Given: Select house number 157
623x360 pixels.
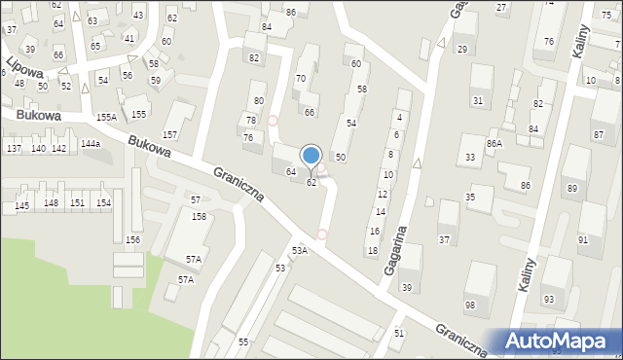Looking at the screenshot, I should [x=169, y=134].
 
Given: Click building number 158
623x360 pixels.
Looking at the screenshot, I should [x=199, y=216].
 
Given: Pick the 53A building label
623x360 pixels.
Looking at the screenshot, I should [x=299, y=250].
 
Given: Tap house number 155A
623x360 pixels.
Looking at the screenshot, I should [x=106, y=117].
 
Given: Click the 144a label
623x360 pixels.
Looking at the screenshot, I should [x=91, y=144].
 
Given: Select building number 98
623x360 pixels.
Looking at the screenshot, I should [x=470, y=306].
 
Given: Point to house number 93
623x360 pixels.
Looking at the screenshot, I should [x=549, y=299].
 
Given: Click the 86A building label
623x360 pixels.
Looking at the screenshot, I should [x=495, y=144].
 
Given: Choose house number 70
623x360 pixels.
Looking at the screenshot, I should [x=301, y=78].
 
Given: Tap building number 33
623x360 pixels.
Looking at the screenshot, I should [x=470, y=158].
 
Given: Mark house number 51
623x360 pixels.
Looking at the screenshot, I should [x=399, y=333].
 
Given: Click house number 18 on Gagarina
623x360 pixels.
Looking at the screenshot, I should [x=372, y=251].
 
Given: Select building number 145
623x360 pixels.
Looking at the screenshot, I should [x=21, y=206].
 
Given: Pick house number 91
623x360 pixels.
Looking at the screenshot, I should [x=583, y=239].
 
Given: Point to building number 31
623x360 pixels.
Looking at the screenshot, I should [x=477, y=101].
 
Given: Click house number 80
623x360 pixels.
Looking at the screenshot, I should [x=258, y=100].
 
